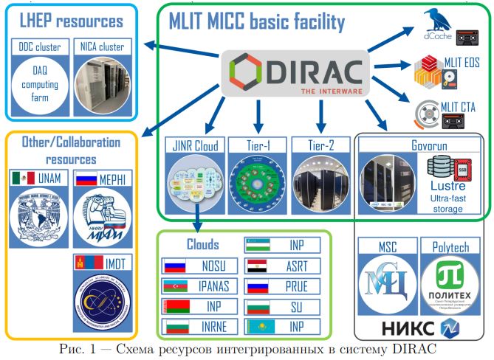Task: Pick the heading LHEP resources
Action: [x=66, y=20]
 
